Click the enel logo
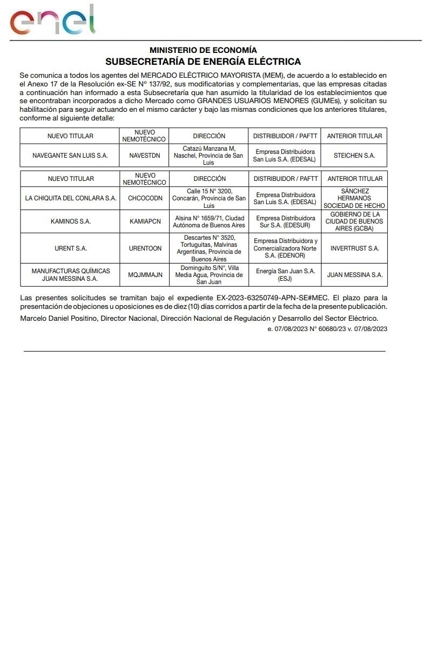click(52, 21)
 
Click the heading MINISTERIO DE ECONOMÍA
click(203, 50)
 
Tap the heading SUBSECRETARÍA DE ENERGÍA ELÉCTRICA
click(203, 62)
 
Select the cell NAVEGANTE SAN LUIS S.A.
click(70, 156)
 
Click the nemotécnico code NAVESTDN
click(145, 156)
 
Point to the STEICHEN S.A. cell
click(354, 156)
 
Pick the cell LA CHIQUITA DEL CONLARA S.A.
click(71, 198)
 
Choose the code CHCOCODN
click(145, 198)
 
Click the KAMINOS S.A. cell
click(71, 221)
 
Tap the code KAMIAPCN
click(145, 221)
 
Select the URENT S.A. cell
click(71, 248)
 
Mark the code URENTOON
click(145, 248)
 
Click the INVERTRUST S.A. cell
click(355, 248)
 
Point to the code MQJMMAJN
click(145, 275)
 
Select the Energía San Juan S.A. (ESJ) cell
click(285, 275)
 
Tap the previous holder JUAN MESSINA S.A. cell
click(355, 275)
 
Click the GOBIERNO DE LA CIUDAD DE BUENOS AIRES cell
click(355, 221)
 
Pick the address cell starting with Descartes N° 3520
click(209, 248)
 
